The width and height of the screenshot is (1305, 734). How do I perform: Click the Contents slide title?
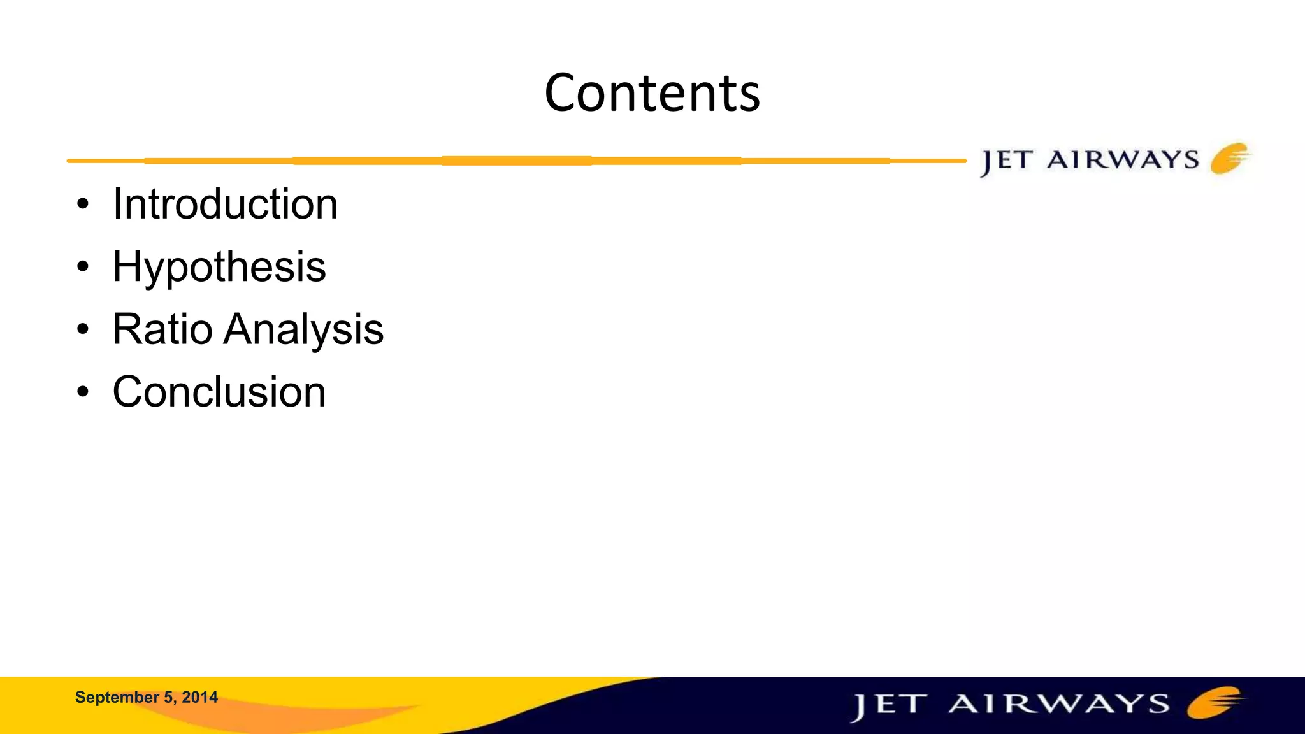652,93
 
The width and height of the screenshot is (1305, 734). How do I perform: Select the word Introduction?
225,205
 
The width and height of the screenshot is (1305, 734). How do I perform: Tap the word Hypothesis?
219,267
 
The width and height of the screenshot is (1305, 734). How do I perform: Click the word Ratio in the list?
162,329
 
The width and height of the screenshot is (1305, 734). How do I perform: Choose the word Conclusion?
219,392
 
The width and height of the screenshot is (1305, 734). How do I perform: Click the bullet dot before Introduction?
83,205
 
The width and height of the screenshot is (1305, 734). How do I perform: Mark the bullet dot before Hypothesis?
83,268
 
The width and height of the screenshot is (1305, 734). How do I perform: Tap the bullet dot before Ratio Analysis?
83,330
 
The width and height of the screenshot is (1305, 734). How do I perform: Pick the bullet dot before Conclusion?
83,392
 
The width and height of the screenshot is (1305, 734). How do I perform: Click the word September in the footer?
117,698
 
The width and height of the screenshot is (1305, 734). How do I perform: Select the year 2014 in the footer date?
199,698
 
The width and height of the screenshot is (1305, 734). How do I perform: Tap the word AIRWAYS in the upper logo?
1123,159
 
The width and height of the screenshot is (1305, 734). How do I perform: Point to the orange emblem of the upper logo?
1230,158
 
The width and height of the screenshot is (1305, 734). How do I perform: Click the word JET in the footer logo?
888,706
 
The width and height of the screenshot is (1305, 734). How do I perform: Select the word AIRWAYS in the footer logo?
1059,704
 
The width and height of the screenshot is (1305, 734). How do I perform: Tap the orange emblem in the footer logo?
1214,702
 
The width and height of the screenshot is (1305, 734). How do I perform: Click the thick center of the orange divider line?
517,161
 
